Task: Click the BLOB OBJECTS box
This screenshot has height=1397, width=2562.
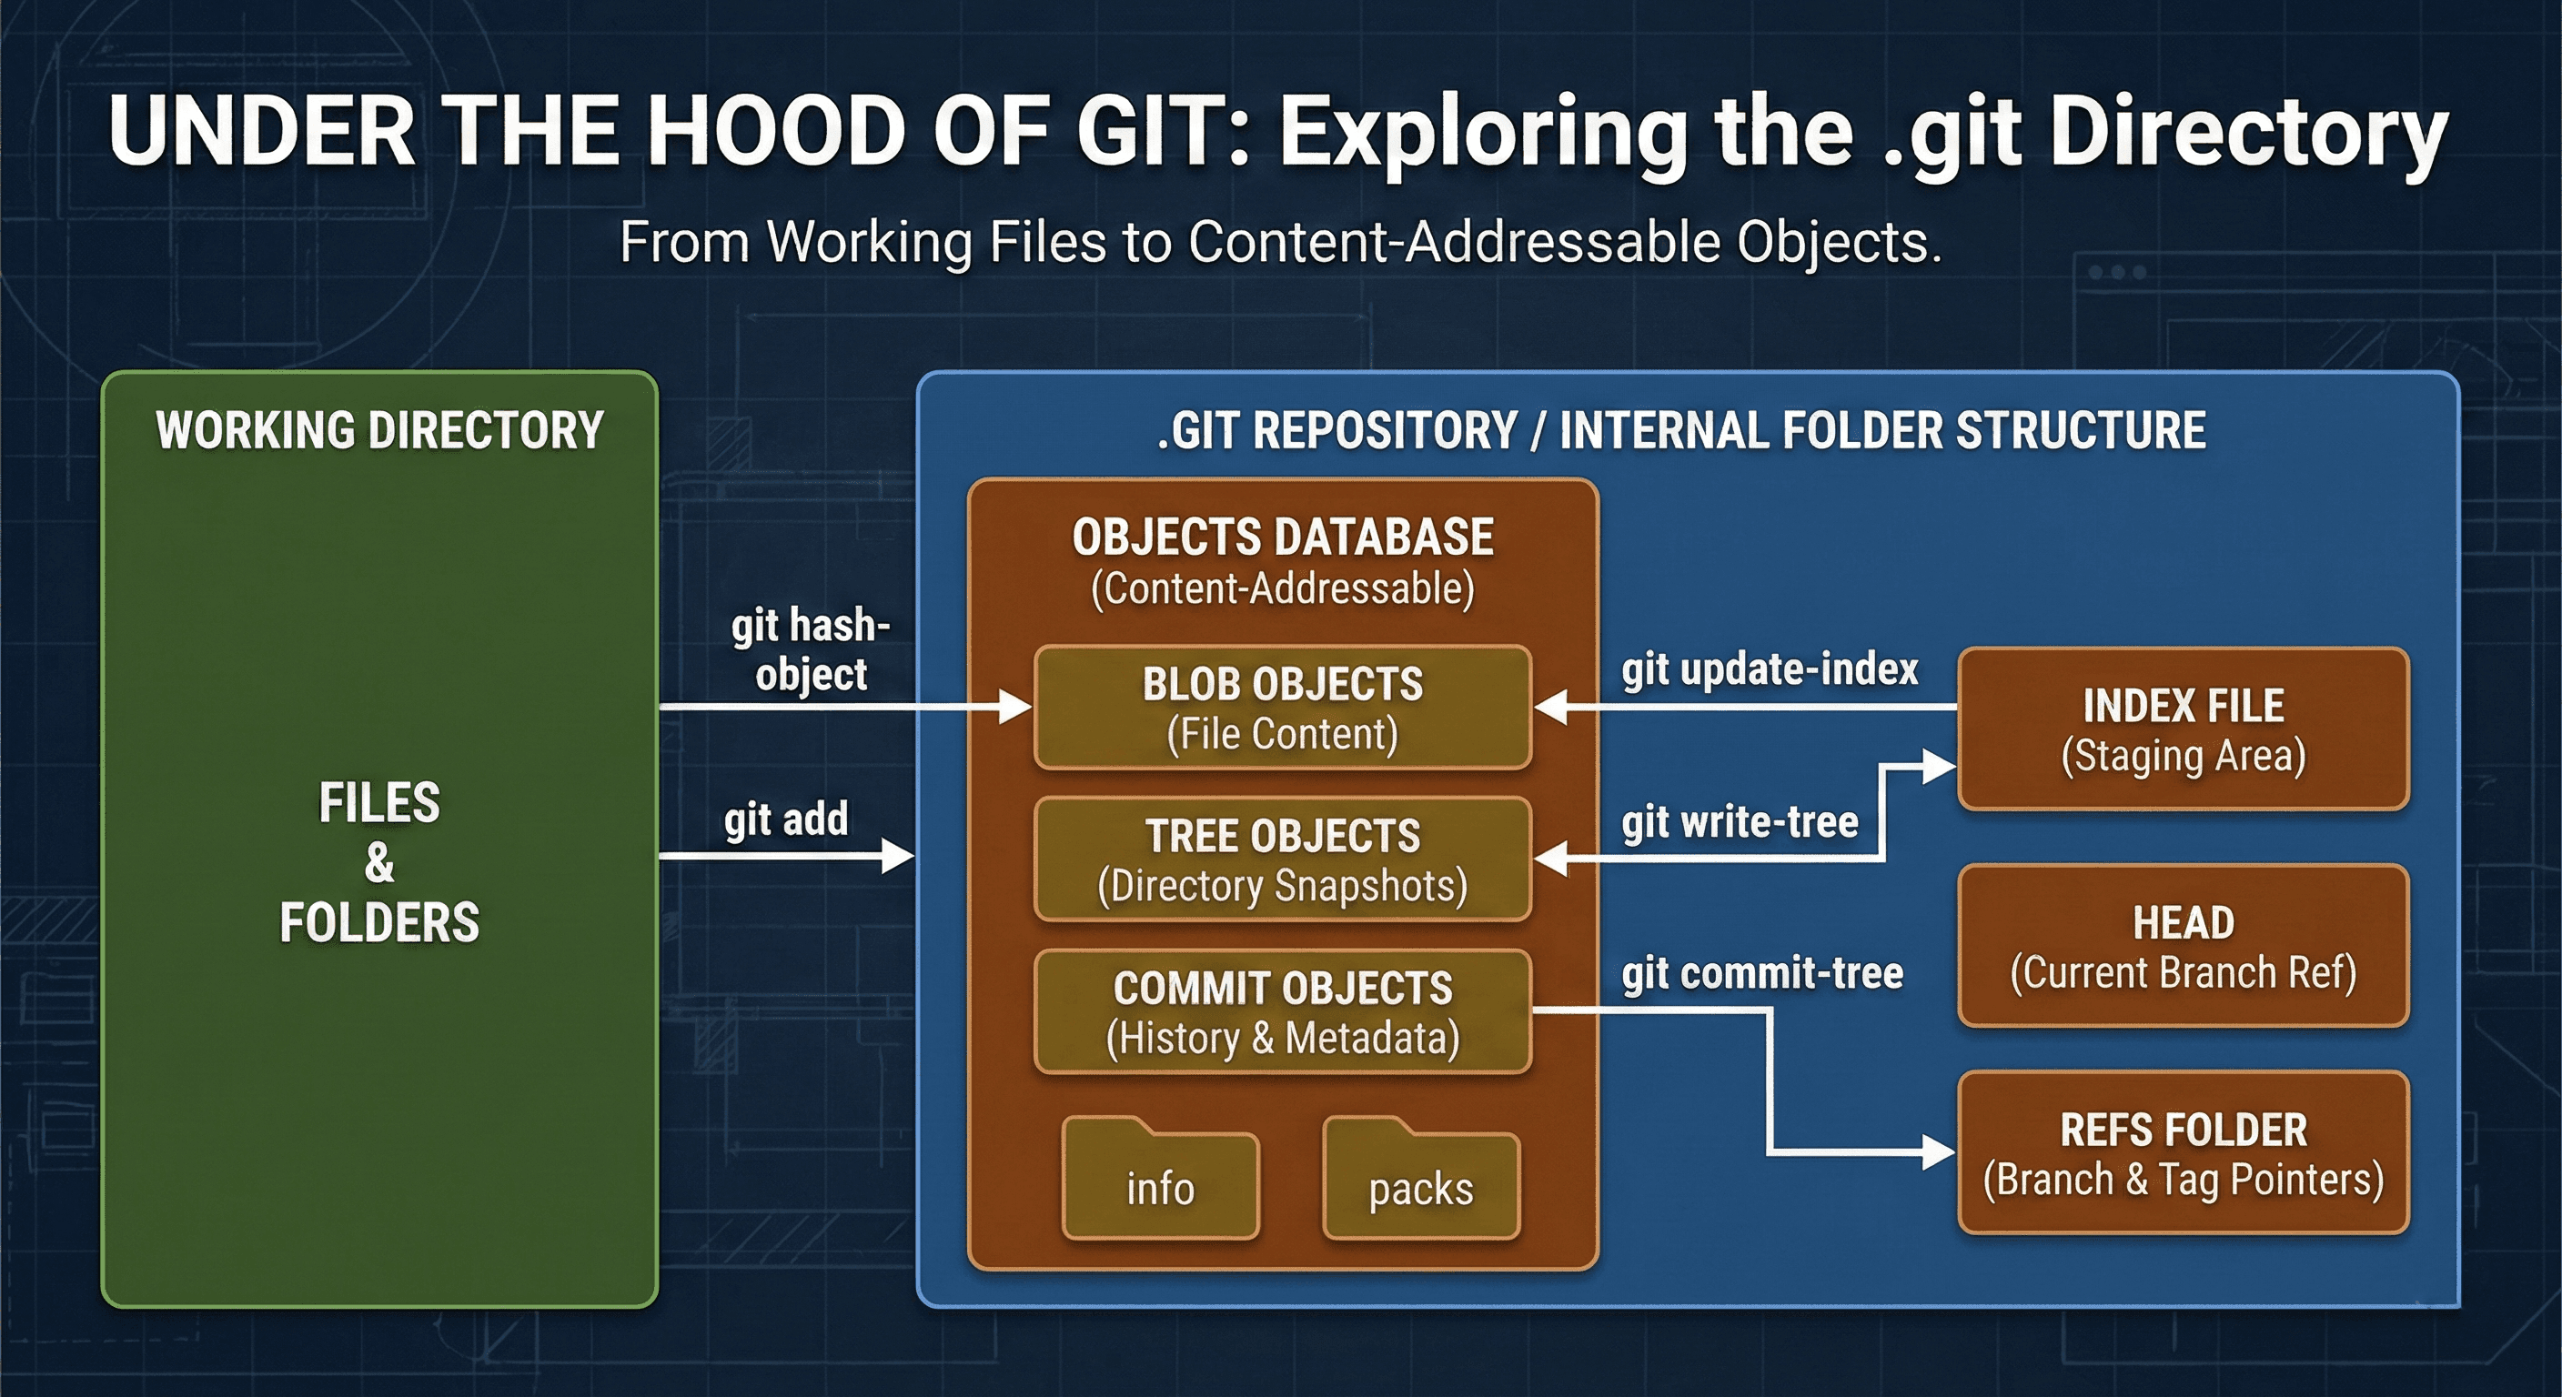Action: [1282, 708]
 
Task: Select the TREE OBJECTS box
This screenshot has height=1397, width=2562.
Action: [1282, 860]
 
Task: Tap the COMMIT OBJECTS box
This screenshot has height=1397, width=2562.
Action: [1282, 1012]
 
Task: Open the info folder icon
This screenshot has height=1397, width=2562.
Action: [1160, 1183]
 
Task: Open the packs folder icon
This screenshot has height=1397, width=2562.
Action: [1420, 1183]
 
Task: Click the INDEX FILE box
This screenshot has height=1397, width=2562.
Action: [2184, 729]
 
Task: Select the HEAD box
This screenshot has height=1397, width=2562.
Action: [2184, 946]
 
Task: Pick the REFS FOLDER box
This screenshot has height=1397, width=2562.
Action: [2184, 1153]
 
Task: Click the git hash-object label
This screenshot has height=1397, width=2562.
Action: [811, 649]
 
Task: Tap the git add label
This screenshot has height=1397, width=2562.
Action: [786, 819]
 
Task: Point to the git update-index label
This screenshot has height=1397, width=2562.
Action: [1770, 669]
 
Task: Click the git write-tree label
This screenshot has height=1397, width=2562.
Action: [1740, 822]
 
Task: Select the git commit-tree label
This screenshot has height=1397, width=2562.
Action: [1762, 973]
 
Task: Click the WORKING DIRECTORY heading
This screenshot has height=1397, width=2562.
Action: [378, 430]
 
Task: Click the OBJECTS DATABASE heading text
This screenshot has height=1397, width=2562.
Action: [1282, 537]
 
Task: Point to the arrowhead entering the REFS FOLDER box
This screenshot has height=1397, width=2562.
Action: [1940, 1153]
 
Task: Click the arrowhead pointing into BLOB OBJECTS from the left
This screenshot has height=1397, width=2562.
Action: [1016, 708]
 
